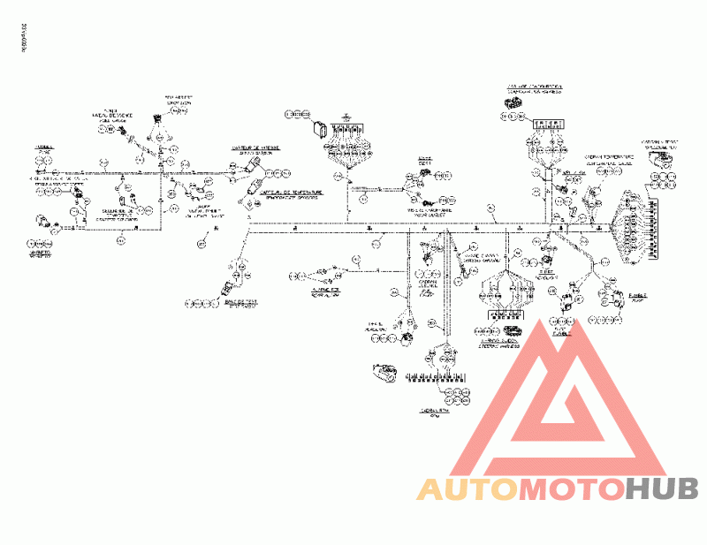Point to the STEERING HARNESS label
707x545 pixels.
[499, 339]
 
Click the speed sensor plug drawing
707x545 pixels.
[257, 170]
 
